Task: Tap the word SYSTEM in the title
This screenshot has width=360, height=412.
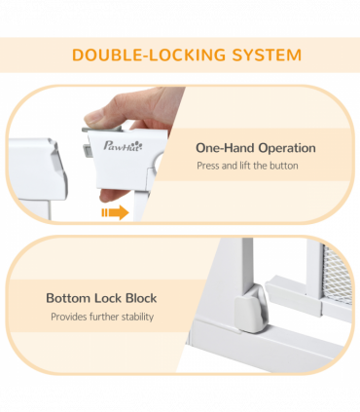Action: [267, 55]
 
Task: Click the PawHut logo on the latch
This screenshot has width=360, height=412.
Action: [123, 146]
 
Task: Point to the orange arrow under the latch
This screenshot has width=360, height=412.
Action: [115, 212]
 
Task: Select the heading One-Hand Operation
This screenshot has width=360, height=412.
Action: [256, 148]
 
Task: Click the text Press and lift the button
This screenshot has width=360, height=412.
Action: [247, 166]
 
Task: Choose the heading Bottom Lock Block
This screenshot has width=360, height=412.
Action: [101, 298]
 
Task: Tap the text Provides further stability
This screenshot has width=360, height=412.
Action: [102, 317]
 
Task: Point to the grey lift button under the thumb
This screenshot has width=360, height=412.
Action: [102, 130]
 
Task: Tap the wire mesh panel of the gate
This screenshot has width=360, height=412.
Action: [337, 275]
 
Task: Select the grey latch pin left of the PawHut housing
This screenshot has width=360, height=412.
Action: [87, 152]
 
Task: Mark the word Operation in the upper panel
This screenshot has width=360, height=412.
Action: [287, 148]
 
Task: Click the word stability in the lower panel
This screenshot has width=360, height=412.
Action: [137, 317]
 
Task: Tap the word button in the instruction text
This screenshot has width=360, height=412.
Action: [284, 166]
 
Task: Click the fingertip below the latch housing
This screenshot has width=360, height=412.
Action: [109, 196]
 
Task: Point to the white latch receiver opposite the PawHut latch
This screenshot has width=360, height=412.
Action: [38, 169]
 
